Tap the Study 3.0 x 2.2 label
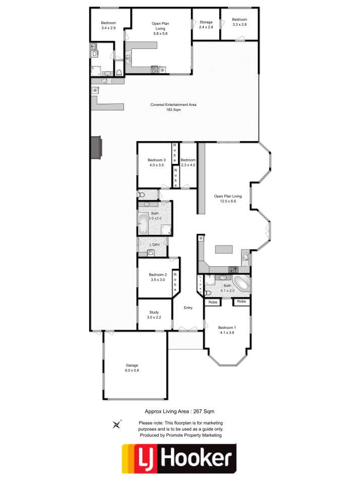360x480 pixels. tap(154, 315)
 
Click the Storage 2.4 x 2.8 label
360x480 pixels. tap(206, 25)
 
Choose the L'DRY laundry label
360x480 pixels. tap(155, 245)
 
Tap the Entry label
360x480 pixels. tap(188, 308)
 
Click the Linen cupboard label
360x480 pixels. tap(201, 284)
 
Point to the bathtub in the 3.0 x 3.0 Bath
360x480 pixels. tap(143, 223)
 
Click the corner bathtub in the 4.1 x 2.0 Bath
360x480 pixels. tap(242, 284)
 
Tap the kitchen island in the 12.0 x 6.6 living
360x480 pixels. tap(224, 249)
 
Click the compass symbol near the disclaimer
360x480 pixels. tap(116, 425)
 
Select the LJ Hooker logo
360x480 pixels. tap(179, 458)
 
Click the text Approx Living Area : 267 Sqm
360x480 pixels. tap(179, 411)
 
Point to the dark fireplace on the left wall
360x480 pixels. tap(96, 148)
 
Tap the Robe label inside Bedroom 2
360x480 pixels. tap(175, 282)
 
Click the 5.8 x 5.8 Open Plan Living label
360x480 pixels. tap(160, 28)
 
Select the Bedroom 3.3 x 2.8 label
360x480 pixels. tap(239, 22)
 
